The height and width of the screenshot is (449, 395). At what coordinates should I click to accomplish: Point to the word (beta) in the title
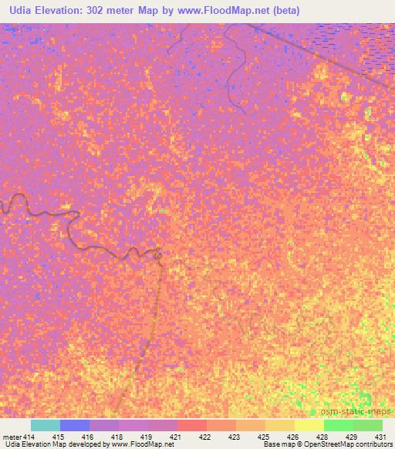point(285,11)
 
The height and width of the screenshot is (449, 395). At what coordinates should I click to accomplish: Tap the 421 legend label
point(164,437)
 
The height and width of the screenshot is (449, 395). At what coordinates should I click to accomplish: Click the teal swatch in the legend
point(46,425)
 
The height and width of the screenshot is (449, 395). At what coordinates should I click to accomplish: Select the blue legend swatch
point(75,425)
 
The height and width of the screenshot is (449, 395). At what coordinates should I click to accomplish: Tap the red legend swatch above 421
point(192,425)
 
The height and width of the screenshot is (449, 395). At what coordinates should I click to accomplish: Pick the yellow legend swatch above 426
point(280,425)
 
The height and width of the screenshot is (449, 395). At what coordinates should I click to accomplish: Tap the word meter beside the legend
point(12,437)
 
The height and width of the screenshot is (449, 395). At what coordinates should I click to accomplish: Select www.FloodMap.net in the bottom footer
point(145,445)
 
